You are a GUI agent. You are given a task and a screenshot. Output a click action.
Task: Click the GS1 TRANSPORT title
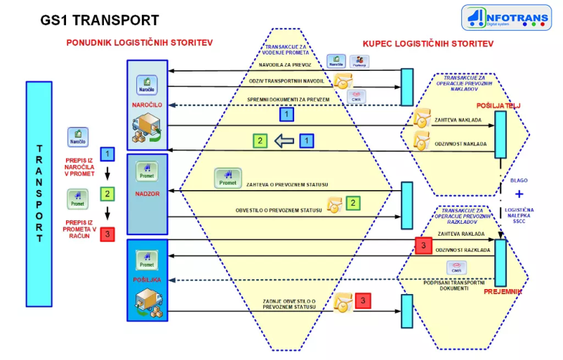(99, 20)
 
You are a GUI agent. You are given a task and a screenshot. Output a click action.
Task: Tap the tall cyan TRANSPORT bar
(39, 194)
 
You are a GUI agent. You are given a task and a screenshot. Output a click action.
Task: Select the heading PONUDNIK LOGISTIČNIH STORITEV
(140, 43)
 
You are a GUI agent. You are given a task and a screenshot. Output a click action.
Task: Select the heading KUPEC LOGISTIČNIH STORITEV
(428, 44)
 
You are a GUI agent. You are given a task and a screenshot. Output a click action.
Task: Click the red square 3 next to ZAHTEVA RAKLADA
(423, 246)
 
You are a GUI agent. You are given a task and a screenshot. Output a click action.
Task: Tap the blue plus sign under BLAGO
(519, 194)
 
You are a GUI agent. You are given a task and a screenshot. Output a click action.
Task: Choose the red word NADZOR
(147, 191)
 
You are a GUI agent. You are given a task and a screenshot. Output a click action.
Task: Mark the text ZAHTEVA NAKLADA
(456, 120)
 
